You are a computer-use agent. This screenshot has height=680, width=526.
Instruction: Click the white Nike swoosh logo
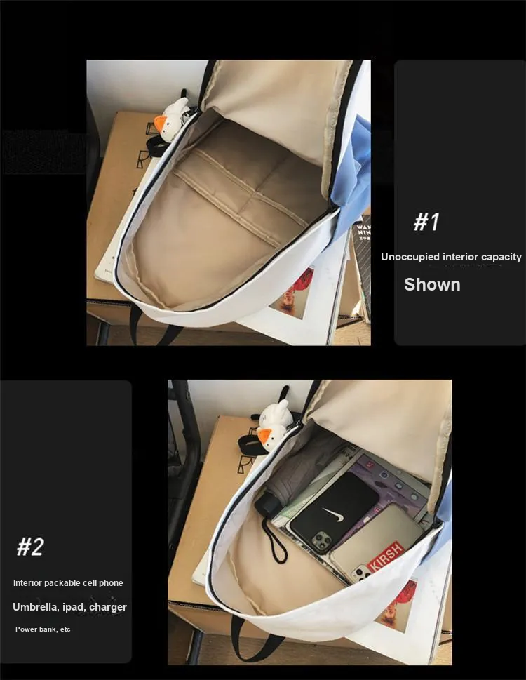[334, 515]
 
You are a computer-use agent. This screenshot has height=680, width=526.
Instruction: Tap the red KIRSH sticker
[386, 556]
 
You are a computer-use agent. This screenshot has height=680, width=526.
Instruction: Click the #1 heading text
[426, 222]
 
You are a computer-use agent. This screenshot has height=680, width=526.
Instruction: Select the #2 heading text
[30, 547]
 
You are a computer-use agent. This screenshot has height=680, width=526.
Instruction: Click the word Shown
[432, 284]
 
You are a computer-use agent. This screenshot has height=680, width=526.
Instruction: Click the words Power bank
[34, 629]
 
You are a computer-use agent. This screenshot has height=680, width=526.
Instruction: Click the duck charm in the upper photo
[172, 119]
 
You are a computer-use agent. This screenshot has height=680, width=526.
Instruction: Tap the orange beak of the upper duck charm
[161, 125]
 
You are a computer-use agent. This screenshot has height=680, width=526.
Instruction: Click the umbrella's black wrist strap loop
[274, 541]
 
